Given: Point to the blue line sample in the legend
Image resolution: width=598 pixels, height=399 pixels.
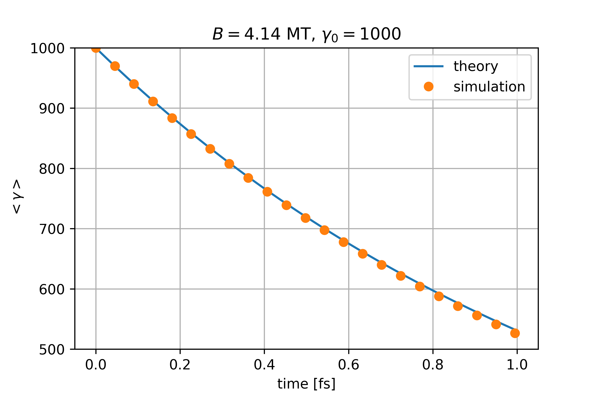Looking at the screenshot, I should [x=429, y=66].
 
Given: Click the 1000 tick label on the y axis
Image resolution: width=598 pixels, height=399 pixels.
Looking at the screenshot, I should [x=48, y=48].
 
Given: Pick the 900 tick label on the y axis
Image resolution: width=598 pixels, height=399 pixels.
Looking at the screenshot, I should [x=52, y=109].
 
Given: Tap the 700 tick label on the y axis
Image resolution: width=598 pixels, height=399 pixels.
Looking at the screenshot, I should [x=52, y=229].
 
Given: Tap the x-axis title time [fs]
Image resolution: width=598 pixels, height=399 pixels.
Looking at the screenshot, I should [x=306, y=384].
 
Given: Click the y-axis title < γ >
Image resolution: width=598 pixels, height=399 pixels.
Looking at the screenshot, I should [x=17, y=197].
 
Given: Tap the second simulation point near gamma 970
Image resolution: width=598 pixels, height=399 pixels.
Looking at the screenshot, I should [x=115, y=66].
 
